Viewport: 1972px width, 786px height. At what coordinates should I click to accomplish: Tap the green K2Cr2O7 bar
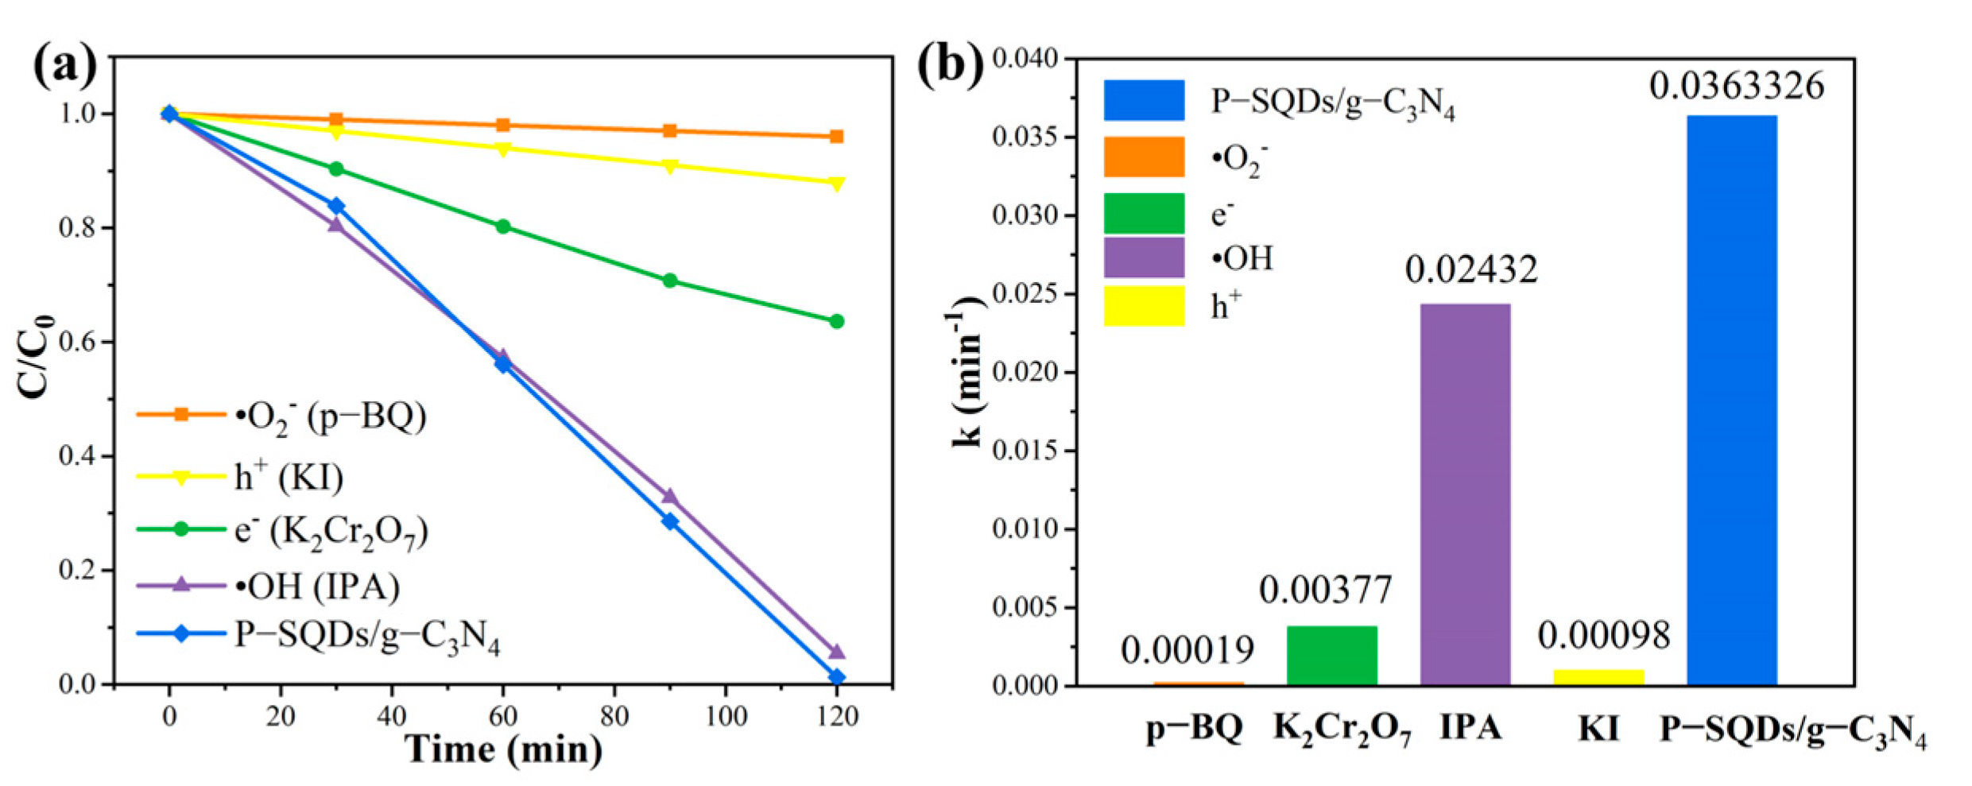(1331, 655)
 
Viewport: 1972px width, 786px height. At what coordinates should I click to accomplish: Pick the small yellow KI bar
(1598, 677)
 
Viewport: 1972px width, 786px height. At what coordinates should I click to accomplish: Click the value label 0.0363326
(1736, 86)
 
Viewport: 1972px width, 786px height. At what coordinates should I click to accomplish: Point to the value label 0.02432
(1470, 270)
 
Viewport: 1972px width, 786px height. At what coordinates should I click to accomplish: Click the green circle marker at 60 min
(502, 227)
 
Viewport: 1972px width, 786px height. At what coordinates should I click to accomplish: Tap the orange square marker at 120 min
(836, 137)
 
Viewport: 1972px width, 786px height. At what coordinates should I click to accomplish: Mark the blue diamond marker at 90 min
(670, 521)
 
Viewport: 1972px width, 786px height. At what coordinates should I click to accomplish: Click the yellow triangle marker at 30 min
(336, 131)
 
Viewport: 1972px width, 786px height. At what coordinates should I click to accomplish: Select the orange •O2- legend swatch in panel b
(1143, 157)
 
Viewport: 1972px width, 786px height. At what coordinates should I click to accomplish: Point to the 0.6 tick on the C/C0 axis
(77, 342)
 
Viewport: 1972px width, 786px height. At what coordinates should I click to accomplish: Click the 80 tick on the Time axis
(614, 717)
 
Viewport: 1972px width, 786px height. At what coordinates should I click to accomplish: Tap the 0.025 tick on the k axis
(1025, 294)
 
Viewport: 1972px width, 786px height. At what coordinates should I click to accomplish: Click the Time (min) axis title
(504, 750)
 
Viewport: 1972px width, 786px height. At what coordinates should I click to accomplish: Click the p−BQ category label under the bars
(1195, 728)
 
